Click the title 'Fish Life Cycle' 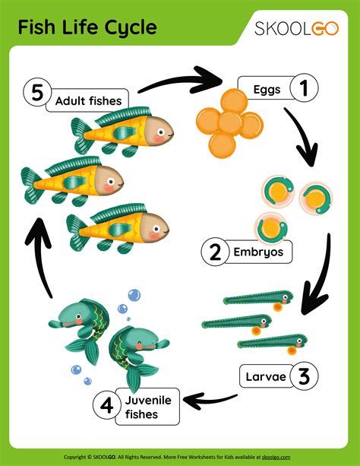(x=87, y=28)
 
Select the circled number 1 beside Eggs (x=303, y=89)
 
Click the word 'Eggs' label (x=267, y=90)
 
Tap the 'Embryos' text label (x=257, y=252)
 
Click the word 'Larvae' (x=265, y=375)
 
